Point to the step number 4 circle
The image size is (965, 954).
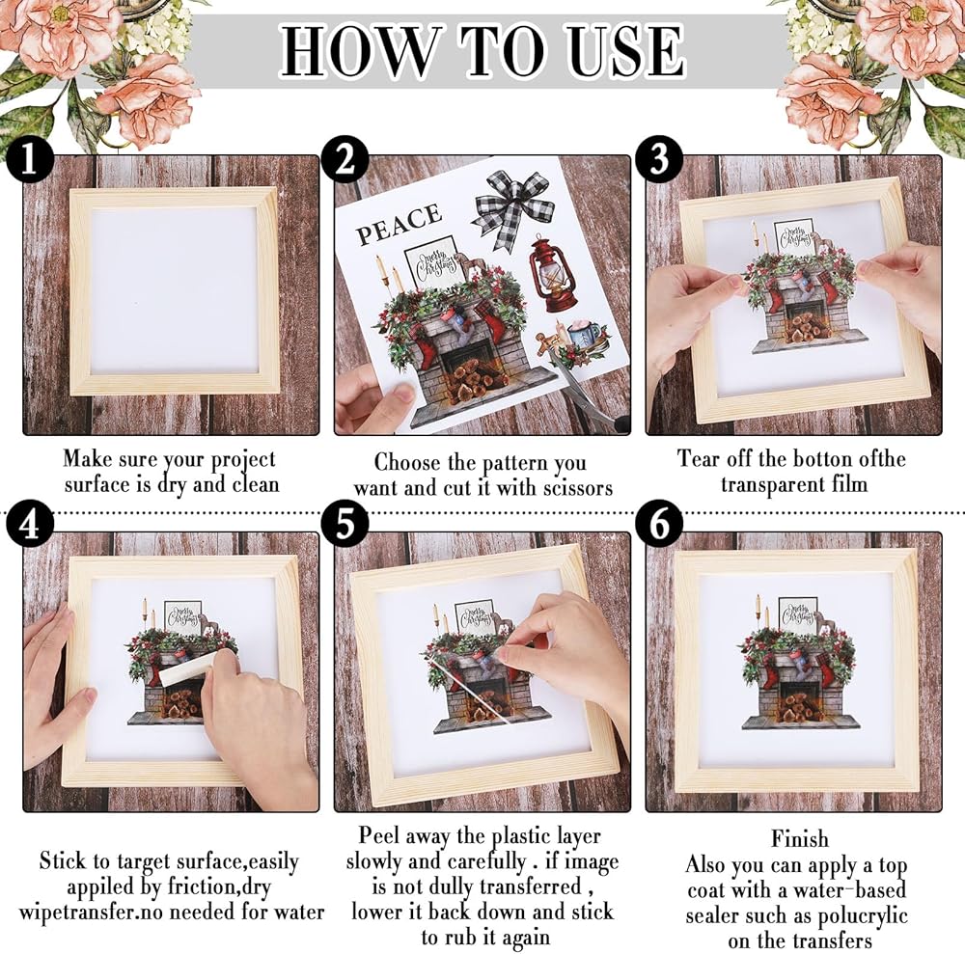pos(30,525)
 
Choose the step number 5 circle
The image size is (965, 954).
pos(345,525)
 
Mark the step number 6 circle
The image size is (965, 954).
pos(659,525)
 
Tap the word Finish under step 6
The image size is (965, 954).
pos(799,839)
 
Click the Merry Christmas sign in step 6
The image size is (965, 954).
pos(798,616)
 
